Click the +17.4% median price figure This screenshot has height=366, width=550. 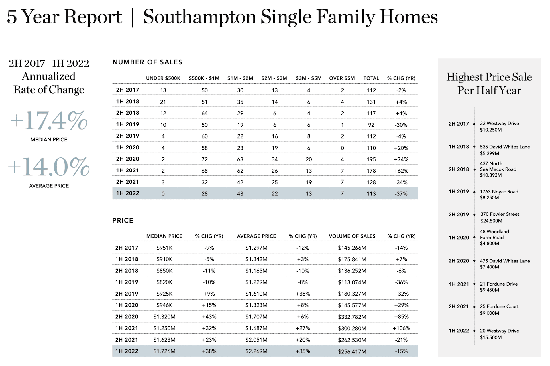pyautogui.click(x=49, y=121)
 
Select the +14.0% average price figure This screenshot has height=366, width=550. pyautogui.click(x=49, y=167)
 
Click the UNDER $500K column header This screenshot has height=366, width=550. pyautogui.click(x=163, y=78)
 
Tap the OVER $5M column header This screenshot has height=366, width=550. pyautogui.click(x=342, y=78)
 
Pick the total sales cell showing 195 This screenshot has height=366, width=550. pyautogui.click(x=371, y=159)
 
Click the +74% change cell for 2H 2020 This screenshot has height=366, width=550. pyautogui.click(x=401, y=159)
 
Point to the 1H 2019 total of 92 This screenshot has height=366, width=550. pyautogui.click(x=371, y=125)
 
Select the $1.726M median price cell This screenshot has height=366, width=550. pyautogui.click(x=164, y=351)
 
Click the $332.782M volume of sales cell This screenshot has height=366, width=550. pyautogui.click(x=352, y=317)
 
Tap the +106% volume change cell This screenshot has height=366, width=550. pyautogui.click(x=401, y=328)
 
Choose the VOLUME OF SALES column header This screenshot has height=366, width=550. pyautogui.click(x=352, y=236)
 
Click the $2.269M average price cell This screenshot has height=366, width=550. pyautogui.click(x=256, y=351)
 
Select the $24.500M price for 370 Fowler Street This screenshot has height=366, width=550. pyautogui.click(x=491, y=221)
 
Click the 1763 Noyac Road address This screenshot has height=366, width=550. pyautogui.click(x=499, y=192)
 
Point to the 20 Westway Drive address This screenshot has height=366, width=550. pyautogui.click(x=499, y=331)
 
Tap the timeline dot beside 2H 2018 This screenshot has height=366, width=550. pyautogui.click(x=474, y=170)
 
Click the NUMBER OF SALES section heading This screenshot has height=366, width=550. pyautogui.click(x=147, y=62)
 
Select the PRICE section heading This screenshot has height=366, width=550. pyautogui.click(x=123, y=221)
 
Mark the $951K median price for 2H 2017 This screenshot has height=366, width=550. pyautogui.click(x=164, y=248)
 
